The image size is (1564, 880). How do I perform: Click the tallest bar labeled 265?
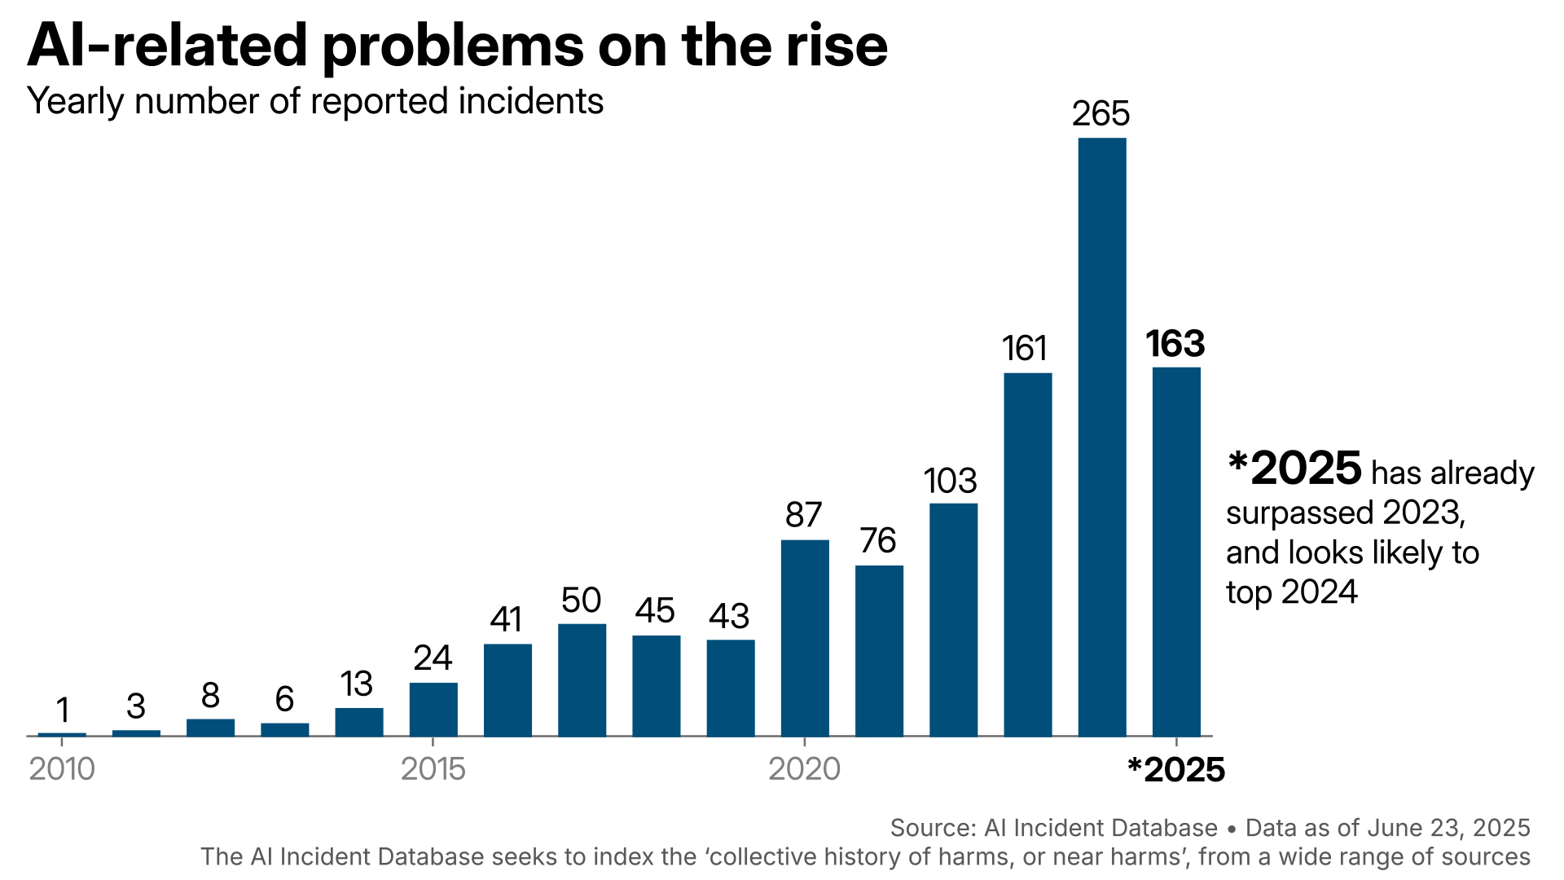click(1101, 437)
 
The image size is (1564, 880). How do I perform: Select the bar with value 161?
click(1027, 554)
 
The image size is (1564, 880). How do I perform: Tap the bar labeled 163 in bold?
click(1175, 552)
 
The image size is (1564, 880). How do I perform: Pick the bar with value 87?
click(805, 638)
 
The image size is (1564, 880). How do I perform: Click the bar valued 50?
click(582, 680)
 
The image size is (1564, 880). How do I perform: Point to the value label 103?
click(950, 481)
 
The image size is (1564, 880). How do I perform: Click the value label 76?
click(878, 541)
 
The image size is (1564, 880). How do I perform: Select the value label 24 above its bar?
click(433, 658)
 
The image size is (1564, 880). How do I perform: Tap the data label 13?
click(357, 684)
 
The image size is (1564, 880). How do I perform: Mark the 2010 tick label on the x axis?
click(62, 769)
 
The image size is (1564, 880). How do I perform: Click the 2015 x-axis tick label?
click(433, 769)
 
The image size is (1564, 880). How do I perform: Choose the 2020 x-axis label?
click(804, 769)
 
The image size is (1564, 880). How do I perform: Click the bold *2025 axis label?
click(1175, 770)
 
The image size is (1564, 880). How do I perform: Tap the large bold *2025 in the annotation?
click(1294, 469)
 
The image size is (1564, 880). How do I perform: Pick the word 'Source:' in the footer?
click(933, 828)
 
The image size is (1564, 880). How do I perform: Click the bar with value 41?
click(507, 689)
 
